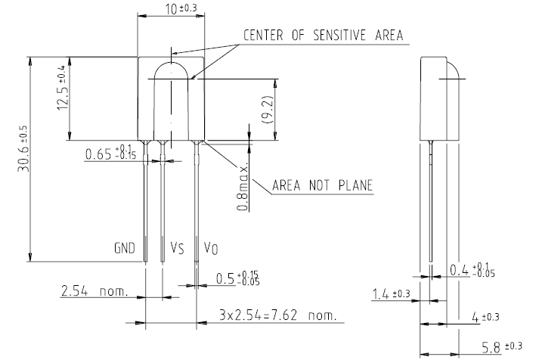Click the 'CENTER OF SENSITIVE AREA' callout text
(x=323, y=36)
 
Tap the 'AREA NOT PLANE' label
(x=323, y=185)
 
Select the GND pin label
(x=125, y=248)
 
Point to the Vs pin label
(x=177, y=248)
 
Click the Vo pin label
(x=211, y=248)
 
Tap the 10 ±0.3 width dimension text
(x=181, y=8)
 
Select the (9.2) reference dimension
(x=267, y=110)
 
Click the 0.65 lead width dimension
(x=110, y=153)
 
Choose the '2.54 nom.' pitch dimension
(x=94, y=291)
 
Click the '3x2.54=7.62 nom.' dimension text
(x=277, y=315)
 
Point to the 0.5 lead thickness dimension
(x=237, y=278)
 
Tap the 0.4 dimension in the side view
(x=472, y=270)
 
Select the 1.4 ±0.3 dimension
(x=392, y=294)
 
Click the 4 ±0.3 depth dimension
(x=485, y=317)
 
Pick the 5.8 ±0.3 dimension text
(x=502, y=347)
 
